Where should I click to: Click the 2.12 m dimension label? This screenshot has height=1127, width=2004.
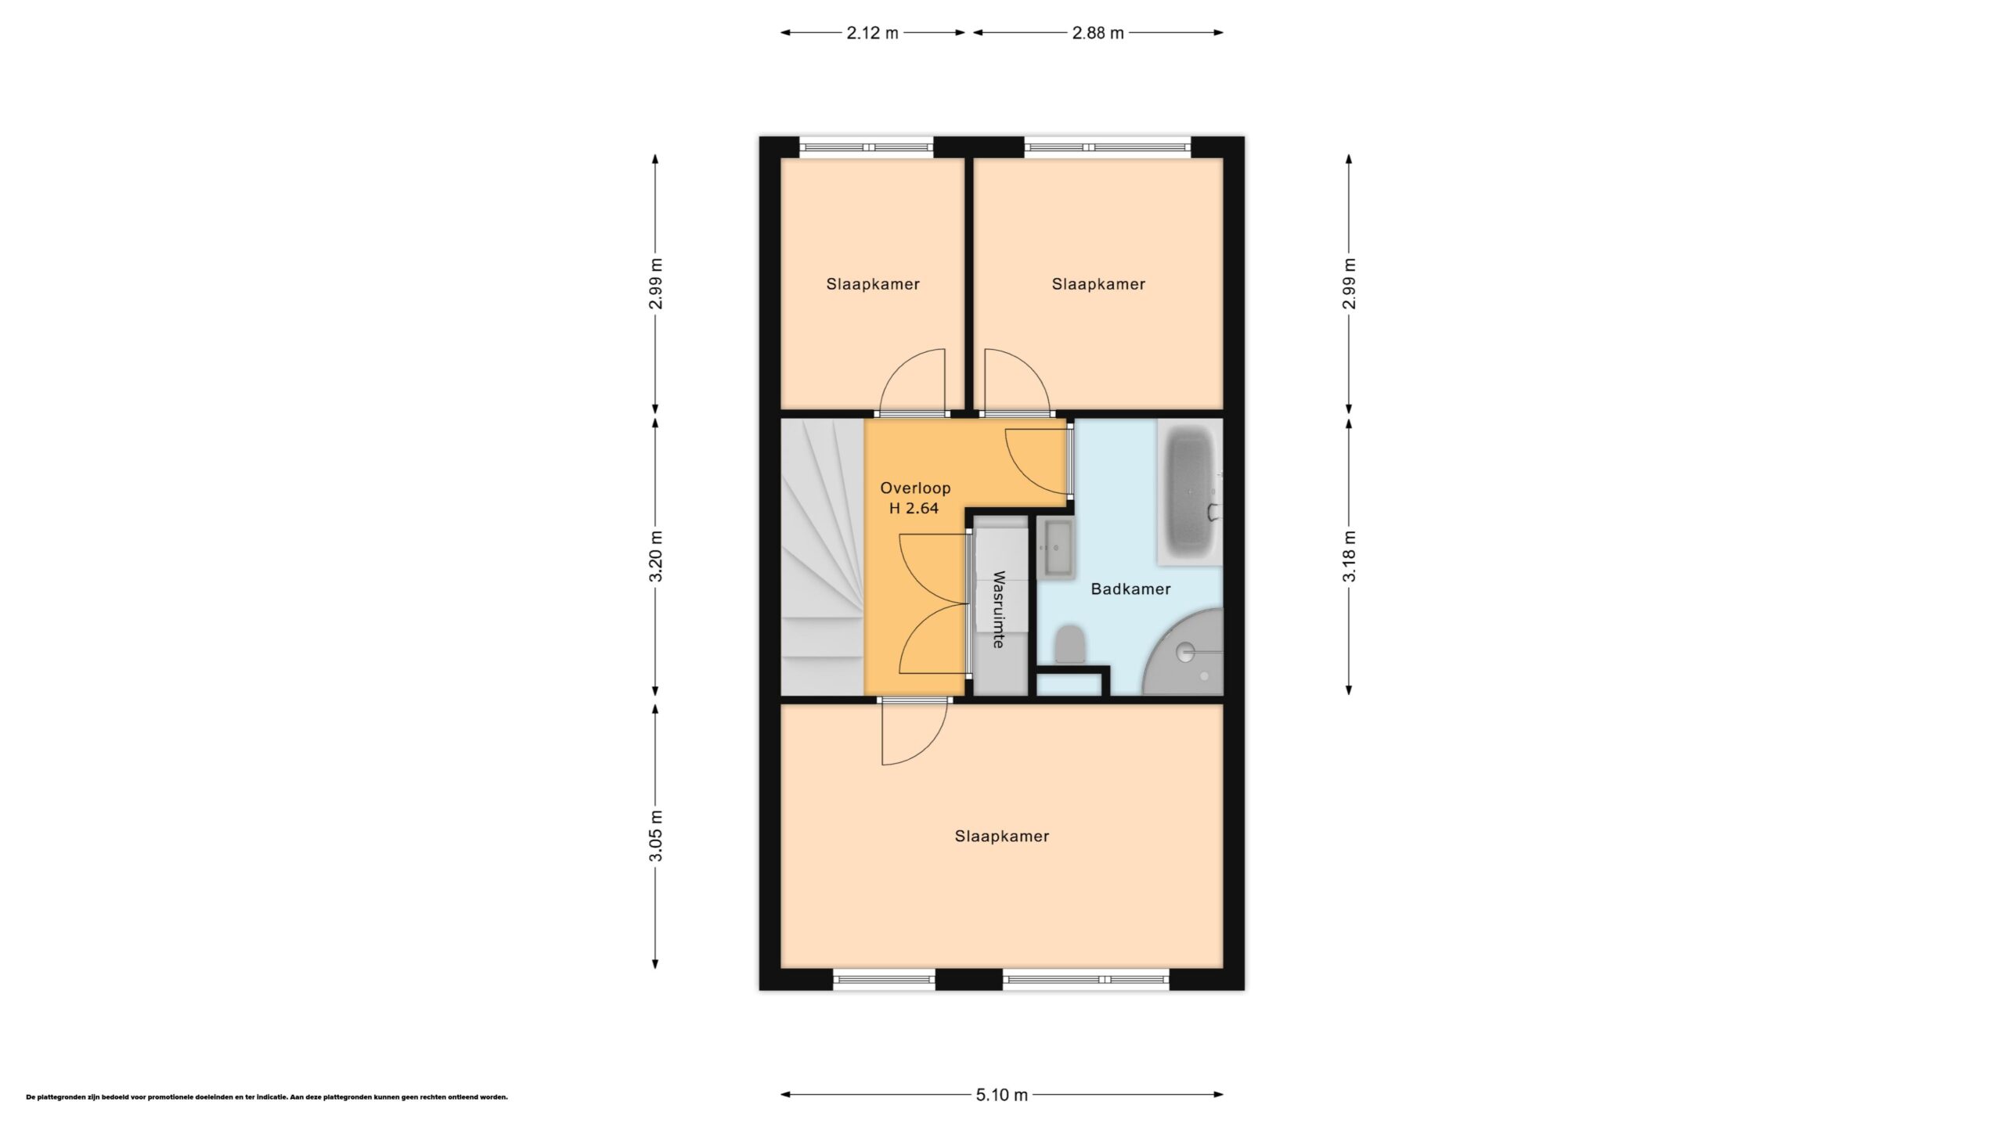coord(872,33)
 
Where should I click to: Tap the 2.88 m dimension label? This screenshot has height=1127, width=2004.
coord(1098,33)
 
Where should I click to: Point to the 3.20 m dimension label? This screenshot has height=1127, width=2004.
coord(656,556)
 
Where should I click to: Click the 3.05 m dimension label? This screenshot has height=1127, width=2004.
coord(656,835)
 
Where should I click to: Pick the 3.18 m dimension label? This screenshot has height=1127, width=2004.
coord(1349,556)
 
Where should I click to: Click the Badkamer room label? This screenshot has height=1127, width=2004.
coord(1130,589)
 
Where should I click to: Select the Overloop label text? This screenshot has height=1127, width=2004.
coord(915,488)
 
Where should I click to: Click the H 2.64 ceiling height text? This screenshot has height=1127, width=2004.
coord(914,508)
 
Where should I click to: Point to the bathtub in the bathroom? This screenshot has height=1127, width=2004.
coord(1190,491)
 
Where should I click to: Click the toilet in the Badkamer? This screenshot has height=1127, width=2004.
coord(1069,643)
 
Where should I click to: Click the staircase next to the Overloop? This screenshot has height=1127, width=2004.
coord(823,556)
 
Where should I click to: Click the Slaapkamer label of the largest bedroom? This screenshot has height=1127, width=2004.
coord(1001,836)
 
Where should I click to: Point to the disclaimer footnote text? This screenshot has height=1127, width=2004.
coord(267,1097)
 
